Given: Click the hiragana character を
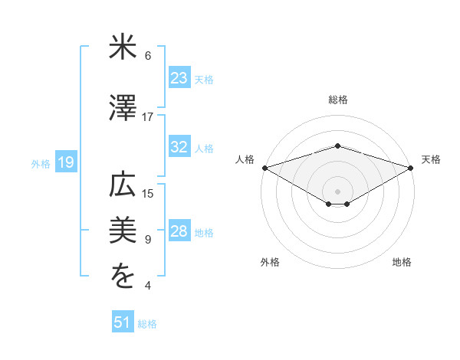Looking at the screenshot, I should [x=123, y=277].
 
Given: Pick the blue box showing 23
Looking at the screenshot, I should [x=179, y=77].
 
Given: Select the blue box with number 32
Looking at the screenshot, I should [x=179, y=148].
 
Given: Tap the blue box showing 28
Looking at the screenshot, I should [x=179, y=232].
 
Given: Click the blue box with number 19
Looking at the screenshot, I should [x=65, y=162].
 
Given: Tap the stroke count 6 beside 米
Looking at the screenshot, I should [x=147, y=55].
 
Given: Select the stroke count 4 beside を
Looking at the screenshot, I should [x=147, y=286].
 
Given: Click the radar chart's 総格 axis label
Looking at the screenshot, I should [x=337, y=100].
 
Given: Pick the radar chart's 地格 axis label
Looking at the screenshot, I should [x=402, y=262].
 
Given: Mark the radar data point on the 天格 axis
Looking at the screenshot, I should [x=411, y=167].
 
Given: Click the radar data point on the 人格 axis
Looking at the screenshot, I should [x=264, y=167].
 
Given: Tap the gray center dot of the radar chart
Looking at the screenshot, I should [x=337, y=190].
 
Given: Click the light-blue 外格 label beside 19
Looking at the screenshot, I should [x=41, y=163].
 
